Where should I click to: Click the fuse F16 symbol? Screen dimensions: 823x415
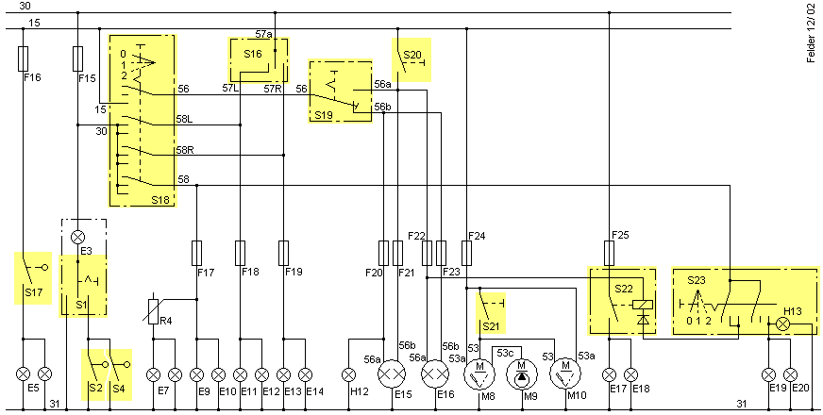[x=23, y=58]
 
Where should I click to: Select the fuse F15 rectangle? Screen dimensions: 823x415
[x=77, y=58]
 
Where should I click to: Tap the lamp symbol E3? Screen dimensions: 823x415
[x=77, y=237]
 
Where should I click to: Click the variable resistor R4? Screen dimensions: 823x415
[x=153, y=311]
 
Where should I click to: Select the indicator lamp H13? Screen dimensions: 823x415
[x=783, y=324]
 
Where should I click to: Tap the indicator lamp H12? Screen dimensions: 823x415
[x=349, y=374]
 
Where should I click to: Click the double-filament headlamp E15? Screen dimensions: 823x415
[x=393, y=374]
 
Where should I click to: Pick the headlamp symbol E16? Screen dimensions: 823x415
[x=436, y=374]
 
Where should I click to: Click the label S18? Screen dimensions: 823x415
[x=161, y=200]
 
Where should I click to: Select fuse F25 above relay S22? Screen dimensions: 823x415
[x=610, y=254]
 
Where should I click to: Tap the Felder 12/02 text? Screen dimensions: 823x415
[x=812, y=32]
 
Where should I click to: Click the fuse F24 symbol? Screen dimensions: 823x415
[x=466, y=254]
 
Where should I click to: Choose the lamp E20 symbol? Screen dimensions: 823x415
[x=791, y=374]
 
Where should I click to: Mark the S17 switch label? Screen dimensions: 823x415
[x=33, y=292]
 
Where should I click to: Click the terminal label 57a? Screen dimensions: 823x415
[x=264, y=35]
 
